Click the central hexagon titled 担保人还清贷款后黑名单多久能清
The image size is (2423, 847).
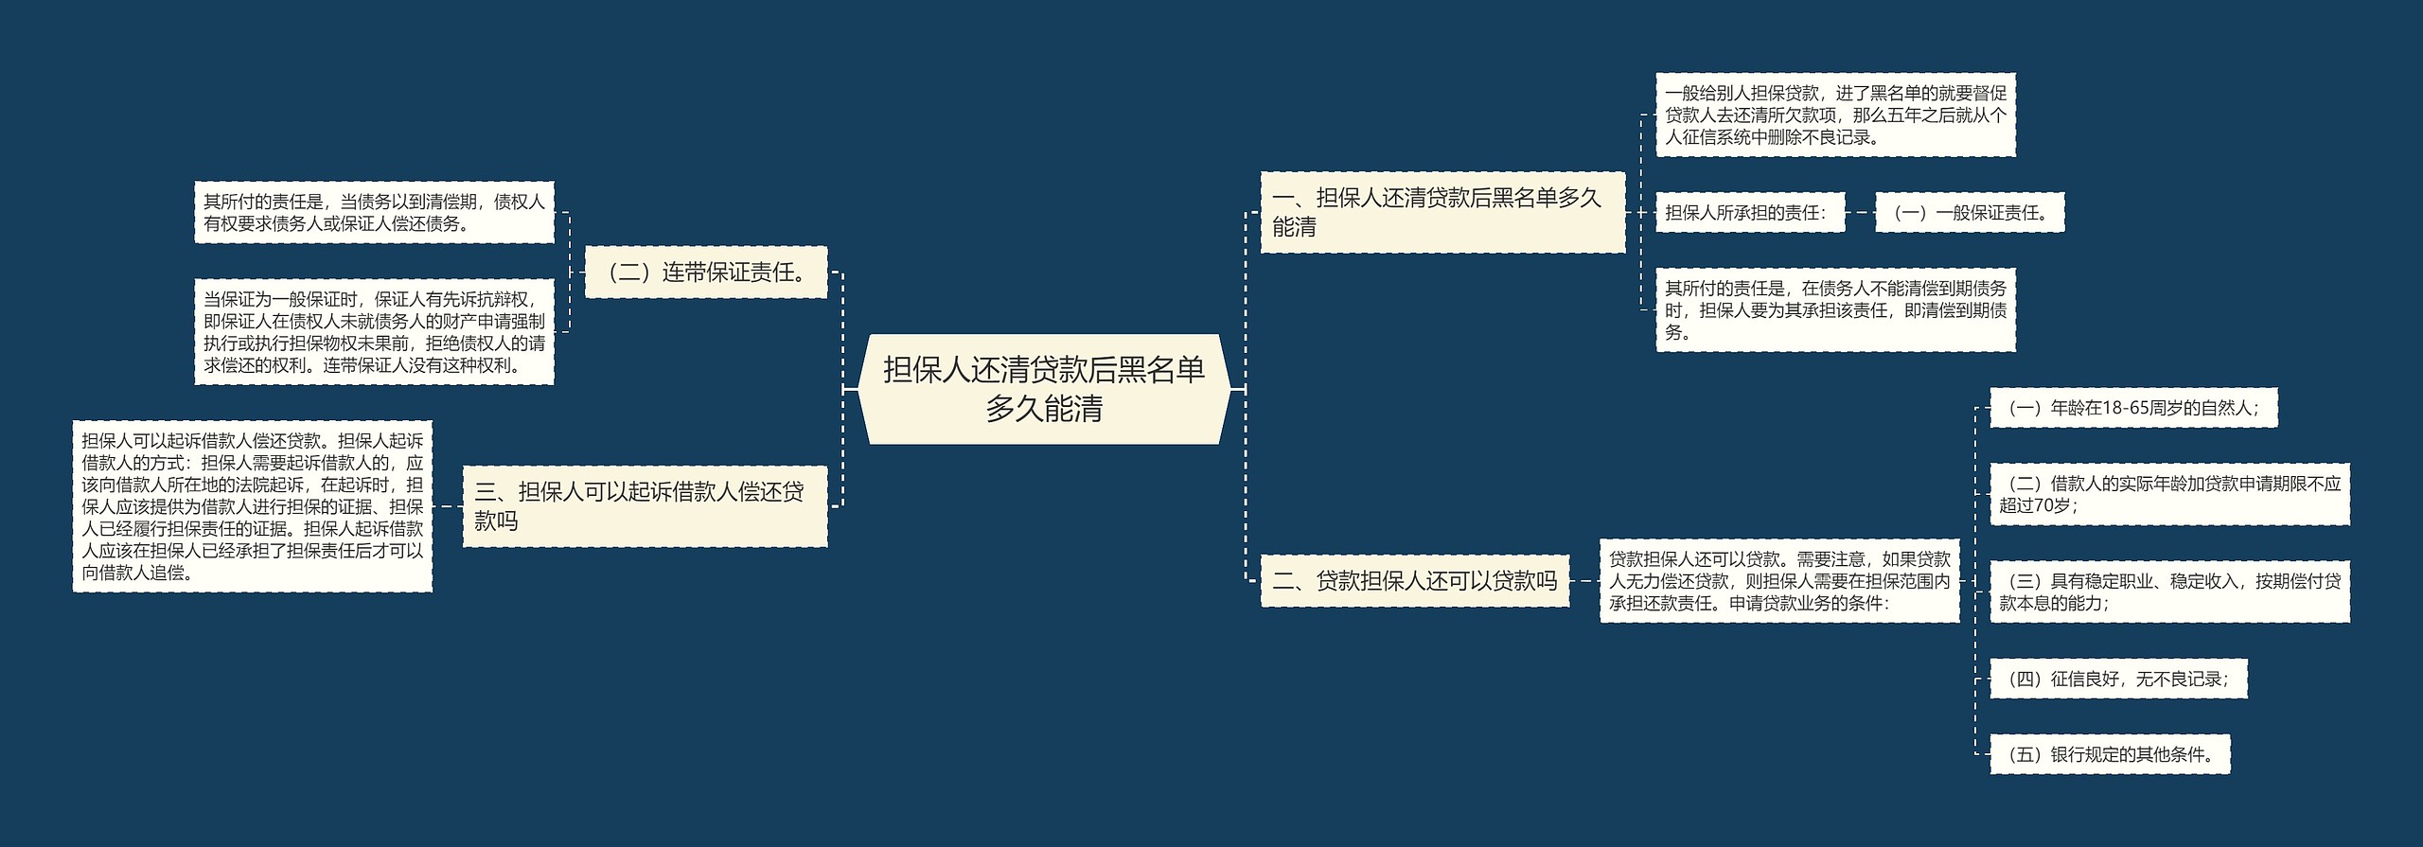point(1043,389)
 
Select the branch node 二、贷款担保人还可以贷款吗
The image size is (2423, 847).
point(1414,581)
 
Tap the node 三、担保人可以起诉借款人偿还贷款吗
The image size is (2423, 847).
point(644,505)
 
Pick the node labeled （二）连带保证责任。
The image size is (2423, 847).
point(705,273)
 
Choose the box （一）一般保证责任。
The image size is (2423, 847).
point(1969,213)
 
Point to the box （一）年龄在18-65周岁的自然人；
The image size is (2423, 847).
point(2132,408)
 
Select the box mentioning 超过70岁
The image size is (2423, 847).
point(2169,494)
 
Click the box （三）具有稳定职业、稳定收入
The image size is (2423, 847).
point(2169,591)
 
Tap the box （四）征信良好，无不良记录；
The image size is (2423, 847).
point(2117,679)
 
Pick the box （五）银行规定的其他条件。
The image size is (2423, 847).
point(2110,754)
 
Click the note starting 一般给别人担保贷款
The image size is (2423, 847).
point(1835,115)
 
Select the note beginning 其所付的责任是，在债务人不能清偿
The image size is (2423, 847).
point(1835,310)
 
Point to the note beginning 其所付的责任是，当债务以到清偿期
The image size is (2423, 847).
point(374,213)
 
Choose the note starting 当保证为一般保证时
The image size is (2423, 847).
point(374,331)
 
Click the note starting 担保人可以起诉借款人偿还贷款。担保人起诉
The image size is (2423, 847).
point(252,506)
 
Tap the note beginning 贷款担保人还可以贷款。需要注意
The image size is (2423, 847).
point(1778,581)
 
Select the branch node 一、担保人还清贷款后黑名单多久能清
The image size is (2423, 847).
point(1441,212)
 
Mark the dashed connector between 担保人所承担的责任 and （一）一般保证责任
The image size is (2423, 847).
point(1860,213)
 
